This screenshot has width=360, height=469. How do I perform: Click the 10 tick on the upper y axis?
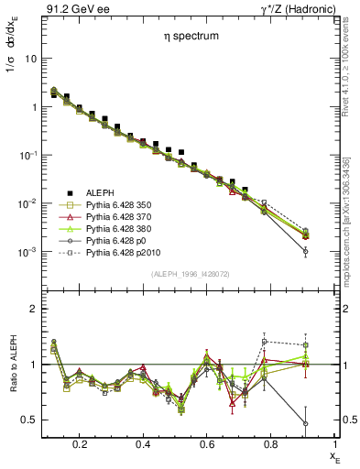pos(31,59)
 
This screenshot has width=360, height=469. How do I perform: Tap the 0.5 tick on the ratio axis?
pos(30,420)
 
